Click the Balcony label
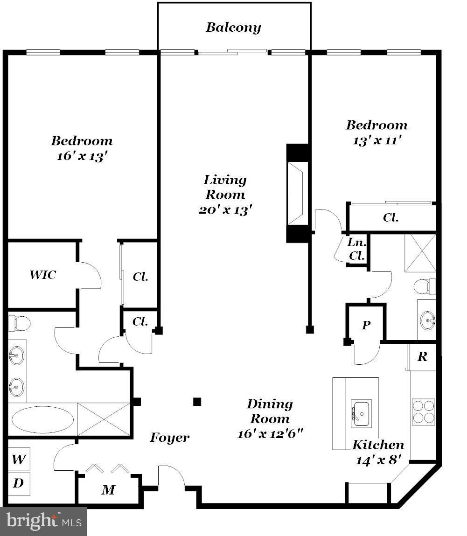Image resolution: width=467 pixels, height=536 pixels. click(x=233, y=27)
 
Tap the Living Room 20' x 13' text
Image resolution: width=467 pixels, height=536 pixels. click(x=225, y=194)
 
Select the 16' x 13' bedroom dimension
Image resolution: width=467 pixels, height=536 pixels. click(x=82, y=156)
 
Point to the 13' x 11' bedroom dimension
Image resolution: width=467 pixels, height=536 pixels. click(x=376, y=140)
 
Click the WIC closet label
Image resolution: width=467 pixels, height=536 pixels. click(x=42, y=275)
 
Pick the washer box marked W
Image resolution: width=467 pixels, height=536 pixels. click(x=19, y=459)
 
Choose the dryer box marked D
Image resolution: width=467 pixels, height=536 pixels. click(x=19, y=483)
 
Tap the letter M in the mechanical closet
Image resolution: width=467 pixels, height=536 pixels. click(x=108, y=490)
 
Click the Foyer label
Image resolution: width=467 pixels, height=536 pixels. click(x=169, y=438)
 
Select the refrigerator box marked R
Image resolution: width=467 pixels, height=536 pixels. click(x=422, y=357)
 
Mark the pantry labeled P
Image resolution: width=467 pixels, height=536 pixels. click(x=366, y=325)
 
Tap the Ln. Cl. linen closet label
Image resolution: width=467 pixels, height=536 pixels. click(x=357, y=249)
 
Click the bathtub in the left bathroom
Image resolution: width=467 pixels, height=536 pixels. click(x=42, y=419)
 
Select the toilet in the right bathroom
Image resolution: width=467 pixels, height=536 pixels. click(x=425, y=285)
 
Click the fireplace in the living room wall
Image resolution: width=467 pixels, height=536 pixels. click(x=298, y=193)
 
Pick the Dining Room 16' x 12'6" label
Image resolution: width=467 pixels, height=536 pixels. click(x=270, y=418)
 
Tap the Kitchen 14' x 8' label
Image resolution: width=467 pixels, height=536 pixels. click(x=378, y=452)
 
